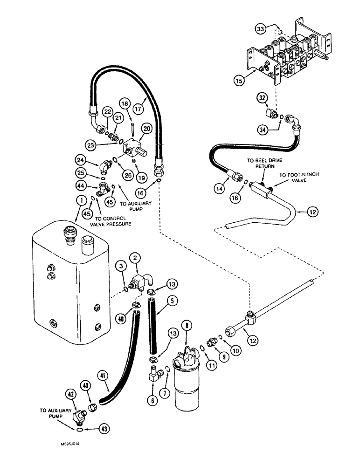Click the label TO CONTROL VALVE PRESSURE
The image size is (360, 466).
coord(112,220)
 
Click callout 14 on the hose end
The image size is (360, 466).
coord(219,190)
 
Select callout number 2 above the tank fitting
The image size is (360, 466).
coord(134,257)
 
